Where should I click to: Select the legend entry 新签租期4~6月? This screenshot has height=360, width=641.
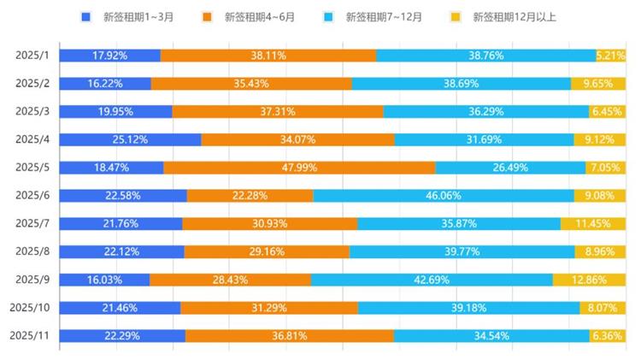(x=254, y=16)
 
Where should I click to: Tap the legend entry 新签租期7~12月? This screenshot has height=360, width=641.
(x=376, y=16)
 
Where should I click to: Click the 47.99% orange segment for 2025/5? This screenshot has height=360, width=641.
(x=299, y=168)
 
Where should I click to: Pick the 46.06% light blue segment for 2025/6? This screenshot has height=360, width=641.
(x=444, y=196)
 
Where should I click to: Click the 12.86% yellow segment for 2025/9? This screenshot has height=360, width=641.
(x=589, y=280)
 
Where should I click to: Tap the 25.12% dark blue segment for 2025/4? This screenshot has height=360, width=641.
(x=130, y=139)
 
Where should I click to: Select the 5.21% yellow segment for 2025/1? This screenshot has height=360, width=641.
(x=610, y=56)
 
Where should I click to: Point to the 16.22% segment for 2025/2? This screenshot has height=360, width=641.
(x=105, y=84)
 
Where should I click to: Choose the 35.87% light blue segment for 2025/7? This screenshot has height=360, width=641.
(x=459, y=224)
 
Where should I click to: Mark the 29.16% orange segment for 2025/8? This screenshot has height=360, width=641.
(x=267, y=251)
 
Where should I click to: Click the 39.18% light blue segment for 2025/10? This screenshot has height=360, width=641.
(x=468, y=308)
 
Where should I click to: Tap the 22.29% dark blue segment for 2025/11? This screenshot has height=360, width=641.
(x=122, y=336)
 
